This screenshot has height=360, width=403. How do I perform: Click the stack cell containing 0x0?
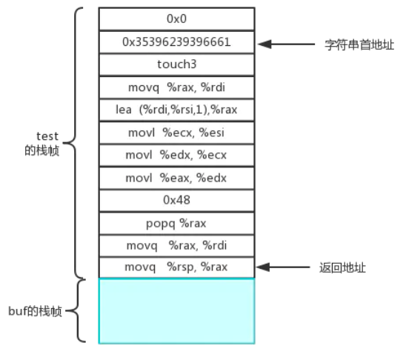[176, 19]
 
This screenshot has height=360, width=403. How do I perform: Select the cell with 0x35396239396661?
[176, 41]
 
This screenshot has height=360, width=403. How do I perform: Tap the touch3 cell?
[176, 64]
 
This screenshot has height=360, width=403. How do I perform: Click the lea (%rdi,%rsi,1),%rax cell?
[176, 110]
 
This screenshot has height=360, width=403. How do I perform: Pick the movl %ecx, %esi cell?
[176, 133]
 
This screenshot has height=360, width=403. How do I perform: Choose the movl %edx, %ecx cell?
[176, 156]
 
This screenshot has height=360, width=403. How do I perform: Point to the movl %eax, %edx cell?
[176, 178]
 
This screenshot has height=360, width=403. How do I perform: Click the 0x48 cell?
[176, 201]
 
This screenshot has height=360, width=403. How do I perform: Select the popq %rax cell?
[176, 223]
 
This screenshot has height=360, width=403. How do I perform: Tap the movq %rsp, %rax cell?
[176, 267]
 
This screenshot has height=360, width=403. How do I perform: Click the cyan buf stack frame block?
[176, 310]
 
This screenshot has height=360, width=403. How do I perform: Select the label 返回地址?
[342, 267]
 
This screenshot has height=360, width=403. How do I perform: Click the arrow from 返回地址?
[286, 267]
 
